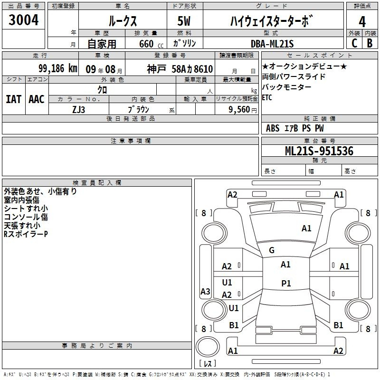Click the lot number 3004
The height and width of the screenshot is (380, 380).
click(23, 20)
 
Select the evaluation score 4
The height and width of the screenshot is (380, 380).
click(362, 21)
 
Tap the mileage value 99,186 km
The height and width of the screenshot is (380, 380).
click(58, 68)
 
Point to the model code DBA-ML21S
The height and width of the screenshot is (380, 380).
click(272, 44)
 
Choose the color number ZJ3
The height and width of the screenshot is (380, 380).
click(79, 109)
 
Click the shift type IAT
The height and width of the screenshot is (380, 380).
click(14, 99)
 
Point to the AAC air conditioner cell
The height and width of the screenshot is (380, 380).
click(37, 99)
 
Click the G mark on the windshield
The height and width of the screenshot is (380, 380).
click(272, 250)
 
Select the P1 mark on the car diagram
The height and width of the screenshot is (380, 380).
click(286, 284)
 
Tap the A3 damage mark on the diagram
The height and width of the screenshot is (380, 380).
click(205, 291)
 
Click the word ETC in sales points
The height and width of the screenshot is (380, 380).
click(267, 97)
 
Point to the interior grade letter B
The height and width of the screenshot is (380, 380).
click(370, 43)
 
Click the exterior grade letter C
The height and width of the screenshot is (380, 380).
click(354, 43)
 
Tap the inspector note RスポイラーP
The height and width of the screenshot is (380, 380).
click(26, 234)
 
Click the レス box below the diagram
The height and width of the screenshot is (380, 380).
click(207, 363)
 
